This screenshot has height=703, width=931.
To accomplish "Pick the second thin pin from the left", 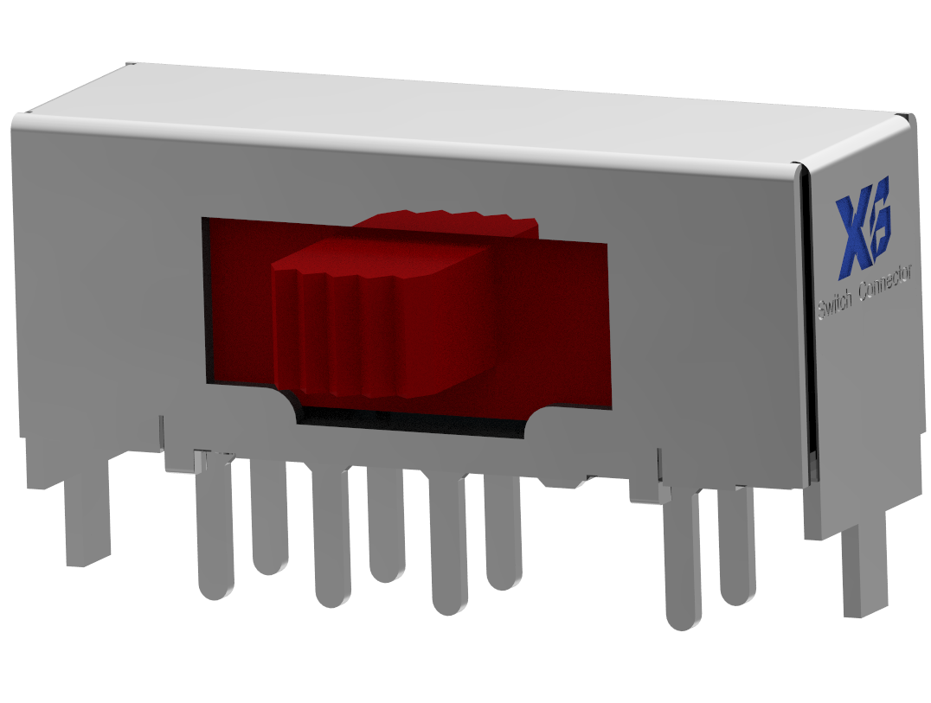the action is pyautogui.click(x=270, y=518).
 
